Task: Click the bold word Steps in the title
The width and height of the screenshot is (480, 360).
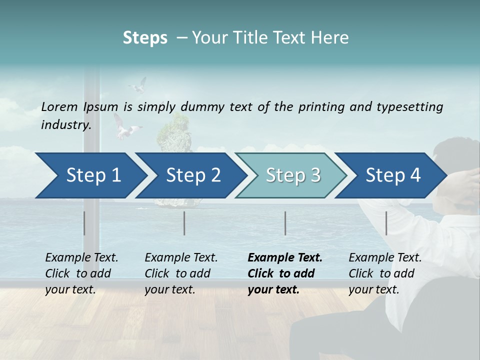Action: pyautogui.click(x=145, y=38)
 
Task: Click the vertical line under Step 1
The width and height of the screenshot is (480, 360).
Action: pyautogui.click(x=84, y=223)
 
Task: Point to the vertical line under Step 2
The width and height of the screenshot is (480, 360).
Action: pyautogui.click(x=184, y=223)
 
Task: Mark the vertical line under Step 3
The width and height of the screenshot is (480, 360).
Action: pyautogui.click(x=285, y=223)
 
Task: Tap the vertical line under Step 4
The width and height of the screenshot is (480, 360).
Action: pyautogui.click(x=386, y=223)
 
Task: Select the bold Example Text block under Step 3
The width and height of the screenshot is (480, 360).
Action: pyautogui.click(x=285, y=273)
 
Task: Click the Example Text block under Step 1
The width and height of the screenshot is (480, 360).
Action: pyautogui.click(x=81, y=273)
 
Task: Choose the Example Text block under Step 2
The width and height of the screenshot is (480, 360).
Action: pyautogui.click(x=181, y=273)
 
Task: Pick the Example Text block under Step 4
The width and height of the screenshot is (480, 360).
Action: pyautogui.click(x=385, y=273)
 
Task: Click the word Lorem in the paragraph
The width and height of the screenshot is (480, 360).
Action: pyautogui.click(x=59, y=106)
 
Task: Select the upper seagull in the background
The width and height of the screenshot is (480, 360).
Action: pyautogui.click(x=138, y=85)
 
